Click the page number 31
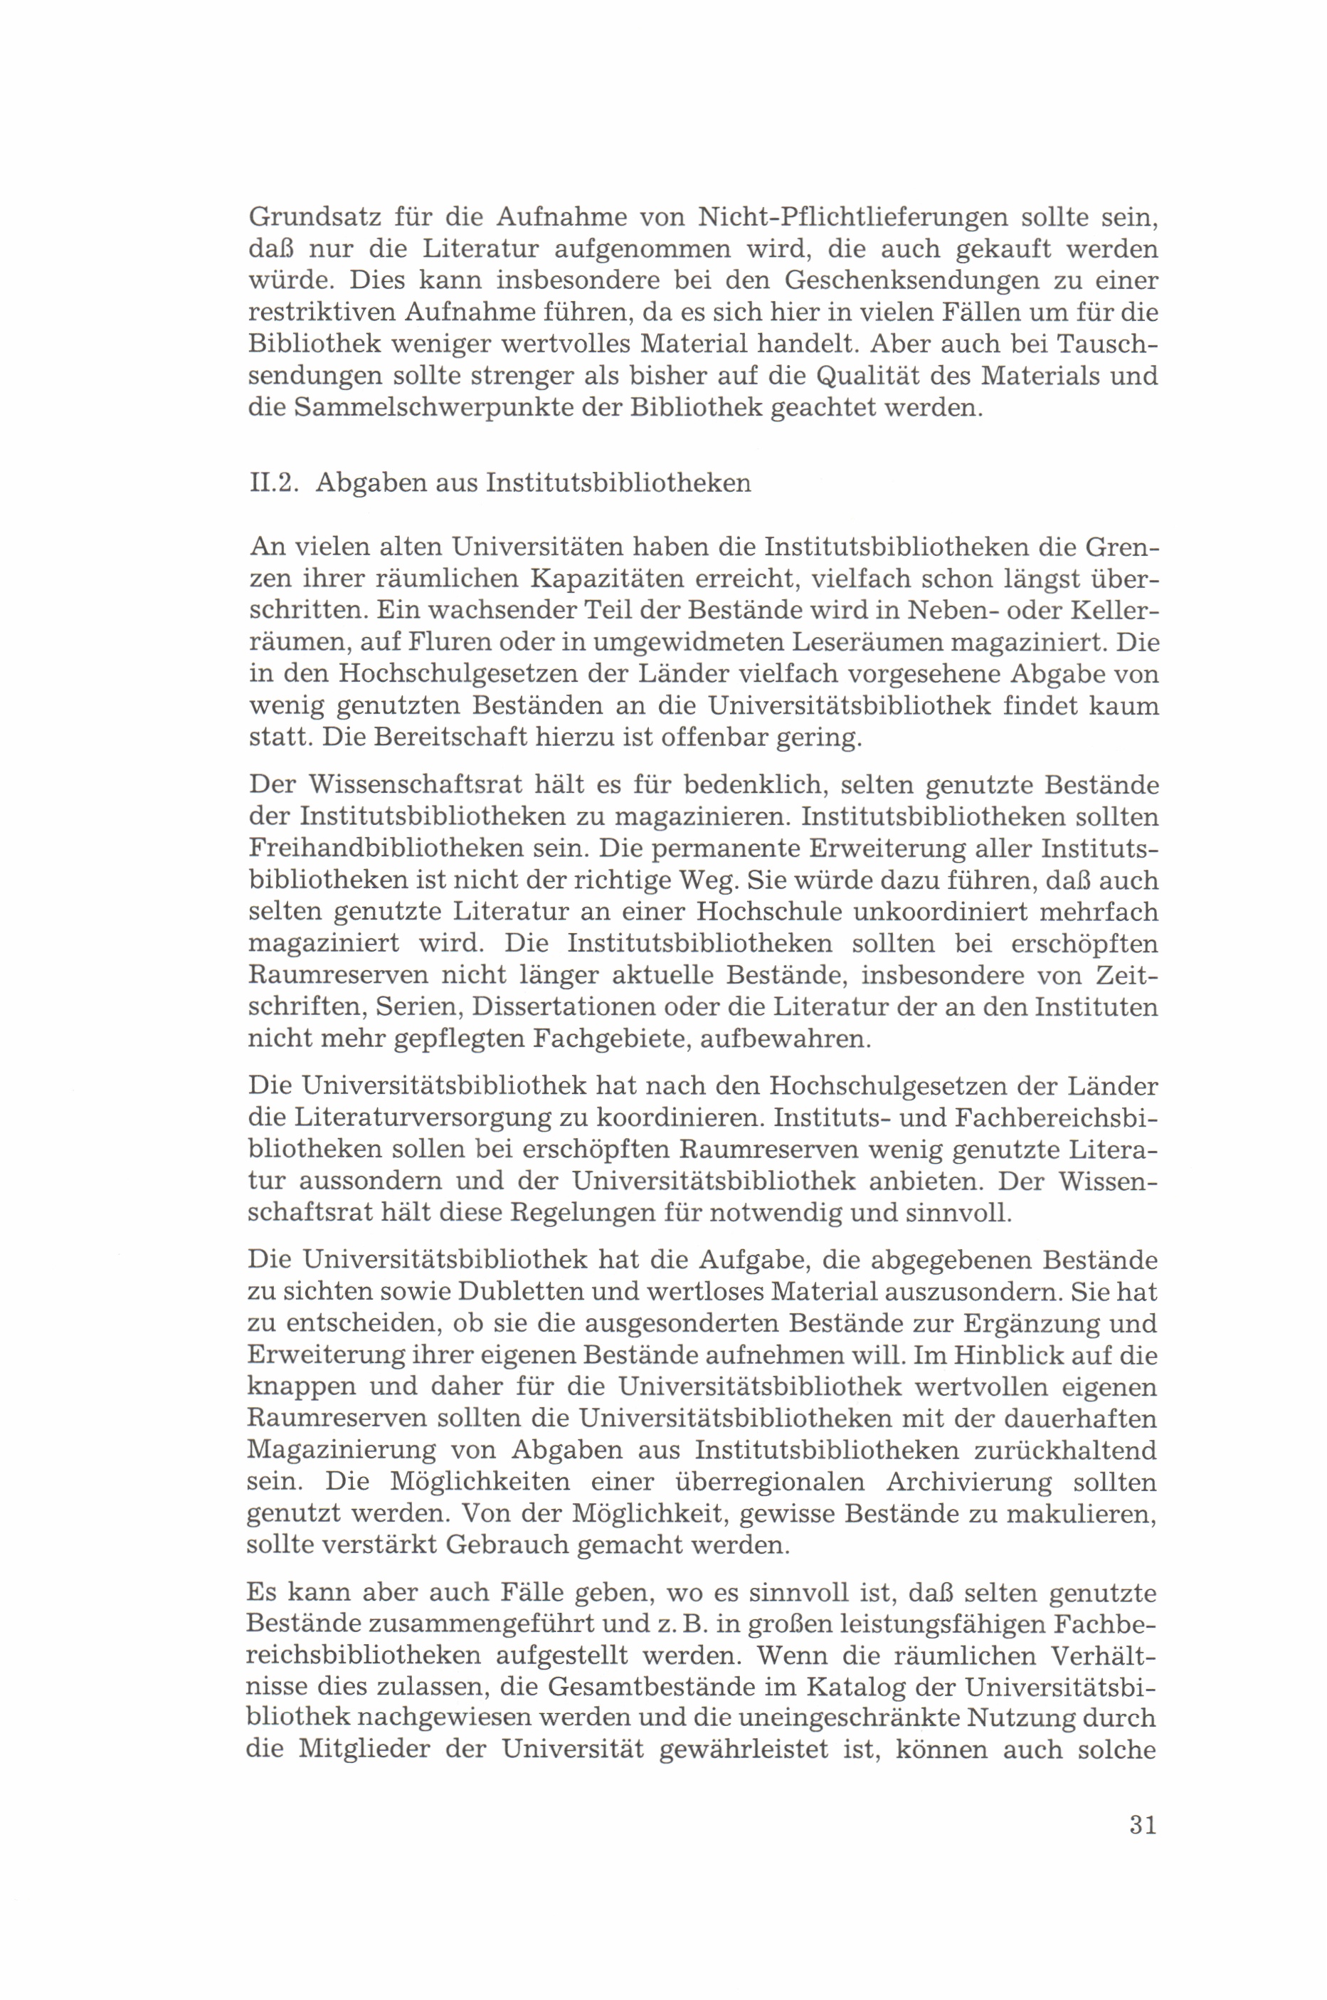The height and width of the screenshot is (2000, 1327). click(x=1142, y=1825)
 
